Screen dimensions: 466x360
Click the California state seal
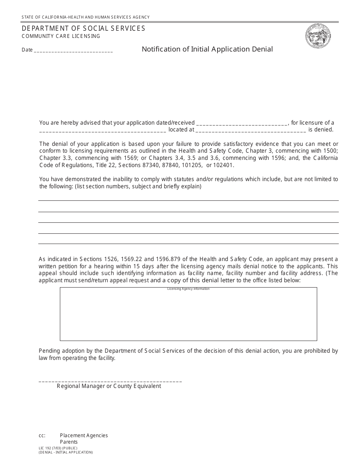(318, 36)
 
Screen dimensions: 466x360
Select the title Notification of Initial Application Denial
(207, 49)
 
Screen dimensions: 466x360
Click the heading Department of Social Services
(83, 28)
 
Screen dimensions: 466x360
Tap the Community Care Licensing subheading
(61, 36)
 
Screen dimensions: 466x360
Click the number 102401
(224, 165)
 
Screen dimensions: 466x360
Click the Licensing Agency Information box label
(188, 289)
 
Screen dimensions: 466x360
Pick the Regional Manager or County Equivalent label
(109, 386)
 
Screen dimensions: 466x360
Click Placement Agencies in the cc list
(84, 435)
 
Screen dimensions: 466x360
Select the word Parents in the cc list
(69, 442)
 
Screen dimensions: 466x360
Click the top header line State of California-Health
(86, 17)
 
